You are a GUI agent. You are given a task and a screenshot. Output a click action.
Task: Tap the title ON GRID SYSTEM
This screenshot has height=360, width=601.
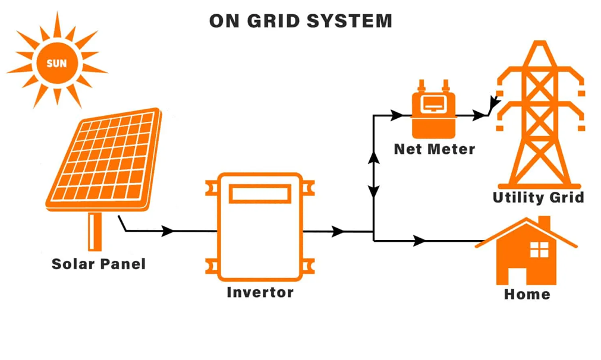[x=300, y=21]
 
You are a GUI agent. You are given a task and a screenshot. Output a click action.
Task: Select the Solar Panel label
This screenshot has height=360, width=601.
[x=99, y=264]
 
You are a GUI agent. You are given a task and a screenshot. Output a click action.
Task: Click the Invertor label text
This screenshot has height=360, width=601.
[x=260, y=292]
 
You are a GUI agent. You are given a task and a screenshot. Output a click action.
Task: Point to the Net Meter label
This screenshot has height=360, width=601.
[x=435, y=149]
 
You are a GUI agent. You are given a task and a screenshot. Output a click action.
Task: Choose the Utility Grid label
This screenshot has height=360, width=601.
[x=538, y=197]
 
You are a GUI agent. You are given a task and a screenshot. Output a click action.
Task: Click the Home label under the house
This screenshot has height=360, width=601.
[x=527, y=294]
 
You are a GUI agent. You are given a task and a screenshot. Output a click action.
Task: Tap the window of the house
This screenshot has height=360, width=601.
[x=539, y=250]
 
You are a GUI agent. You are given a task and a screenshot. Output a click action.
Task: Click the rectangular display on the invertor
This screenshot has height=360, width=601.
[x=260, y=194]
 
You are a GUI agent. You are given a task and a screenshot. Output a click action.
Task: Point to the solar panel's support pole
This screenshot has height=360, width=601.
[x=95, y=232]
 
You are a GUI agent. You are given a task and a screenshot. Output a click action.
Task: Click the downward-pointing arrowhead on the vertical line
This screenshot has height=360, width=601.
[x=374, y=191]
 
